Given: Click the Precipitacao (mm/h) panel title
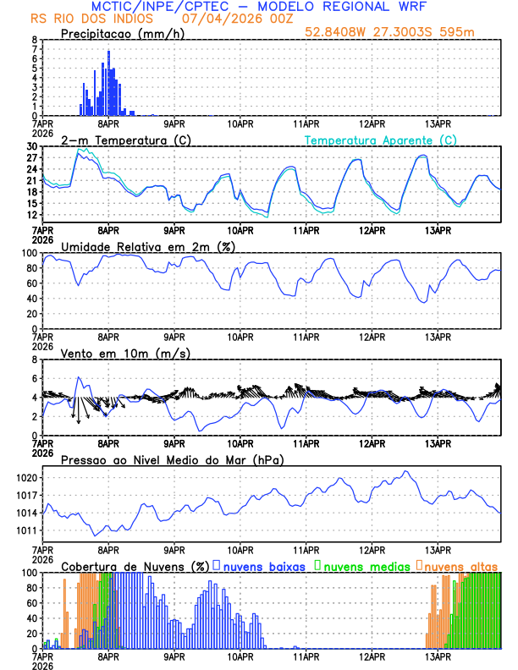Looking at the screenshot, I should coord(118,33).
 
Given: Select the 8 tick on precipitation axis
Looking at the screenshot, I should coord(35,40).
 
